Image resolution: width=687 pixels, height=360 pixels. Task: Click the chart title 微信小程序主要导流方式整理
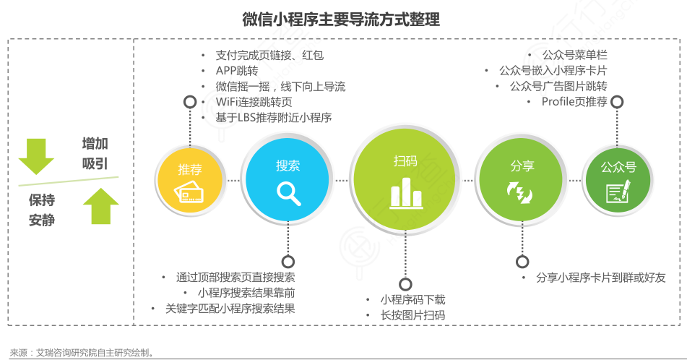(341, 20)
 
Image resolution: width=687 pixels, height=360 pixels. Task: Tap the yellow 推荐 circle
(190, 180)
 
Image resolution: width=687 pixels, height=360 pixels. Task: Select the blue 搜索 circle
(288, 179)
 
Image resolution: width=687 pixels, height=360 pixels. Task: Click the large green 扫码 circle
(405, 179)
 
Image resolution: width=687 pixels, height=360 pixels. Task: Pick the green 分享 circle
(521, 180)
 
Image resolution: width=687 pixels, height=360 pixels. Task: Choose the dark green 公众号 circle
(618, 180)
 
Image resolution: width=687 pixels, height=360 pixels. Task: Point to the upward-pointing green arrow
(100, 206)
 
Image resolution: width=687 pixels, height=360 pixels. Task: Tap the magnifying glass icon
(289, 194)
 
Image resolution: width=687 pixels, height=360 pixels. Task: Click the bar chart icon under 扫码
(407, 193)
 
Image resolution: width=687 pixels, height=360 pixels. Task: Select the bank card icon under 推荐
(189, 191)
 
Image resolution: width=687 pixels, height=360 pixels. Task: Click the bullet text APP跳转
(237, 71)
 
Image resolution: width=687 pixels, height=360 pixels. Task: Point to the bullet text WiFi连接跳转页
(254, 102)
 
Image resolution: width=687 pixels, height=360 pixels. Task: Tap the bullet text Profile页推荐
(574, 102)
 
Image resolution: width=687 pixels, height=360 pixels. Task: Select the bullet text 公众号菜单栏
(575, 55)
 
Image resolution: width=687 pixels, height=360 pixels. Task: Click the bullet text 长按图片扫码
(412, 315)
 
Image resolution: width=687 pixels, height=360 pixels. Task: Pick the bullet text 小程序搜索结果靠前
(246, 293)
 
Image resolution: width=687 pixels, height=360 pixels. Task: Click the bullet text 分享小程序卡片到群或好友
(601, 278)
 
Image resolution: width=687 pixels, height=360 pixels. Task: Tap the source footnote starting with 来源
(82, 353)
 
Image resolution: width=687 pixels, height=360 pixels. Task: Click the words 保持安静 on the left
(42, 210)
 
